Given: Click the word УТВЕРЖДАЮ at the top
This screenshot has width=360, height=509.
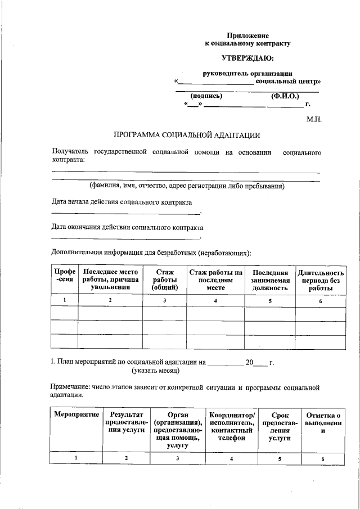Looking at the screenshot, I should [x=247, y=58].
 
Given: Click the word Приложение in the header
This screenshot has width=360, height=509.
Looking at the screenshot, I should [x=247, y=35].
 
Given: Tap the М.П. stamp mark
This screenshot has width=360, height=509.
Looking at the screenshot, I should [x=313, y=119].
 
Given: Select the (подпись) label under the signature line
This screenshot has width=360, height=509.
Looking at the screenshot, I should [x=206, y=96].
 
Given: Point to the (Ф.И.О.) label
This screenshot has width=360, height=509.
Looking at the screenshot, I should [x=284, y=96].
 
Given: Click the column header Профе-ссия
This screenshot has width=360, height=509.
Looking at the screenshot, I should [x=64, y=276].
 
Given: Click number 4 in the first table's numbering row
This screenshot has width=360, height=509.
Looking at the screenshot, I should [x=215, y=300].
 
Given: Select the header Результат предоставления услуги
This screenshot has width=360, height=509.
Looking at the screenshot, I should [x=127, y=422].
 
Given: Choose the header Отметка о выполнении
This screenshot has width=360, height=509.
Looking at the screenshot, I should [x=323, y=422].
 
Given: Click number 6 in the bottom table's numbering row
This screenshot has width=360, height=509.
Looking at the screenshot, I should [x=323, y=458].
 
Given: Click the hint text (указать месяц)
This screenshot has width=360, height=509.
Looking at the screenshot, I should [x=156, y=371].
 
